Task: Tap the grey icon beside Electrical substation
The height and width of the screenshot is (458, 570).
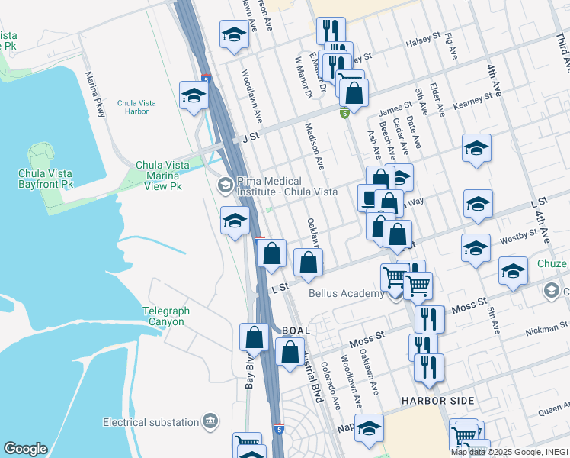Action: (x=211, y=421)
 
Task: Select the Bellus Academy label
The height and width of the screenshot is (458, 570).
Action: (x=347, y=293)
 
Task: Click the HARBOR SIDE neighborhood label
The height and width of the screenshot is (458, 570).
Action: (x=439, y=401)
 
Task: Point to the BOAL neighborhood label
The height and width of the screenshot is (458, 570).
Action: (x=296, y=331)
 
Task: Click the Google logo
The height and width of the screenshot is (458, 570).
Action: (x=25, y=448)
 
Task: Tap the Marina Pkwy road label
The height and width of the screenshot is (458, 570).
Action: (x=95, y=94)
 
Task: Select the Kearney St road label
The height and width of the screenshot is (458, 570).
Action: (x=472, y=101)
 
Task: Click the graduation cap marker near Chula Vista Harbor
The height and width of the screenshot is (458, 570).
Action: (x=194, y=96)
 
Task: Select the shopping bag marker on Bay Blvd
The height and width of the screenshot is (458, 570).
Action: (x=255, y=337)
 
